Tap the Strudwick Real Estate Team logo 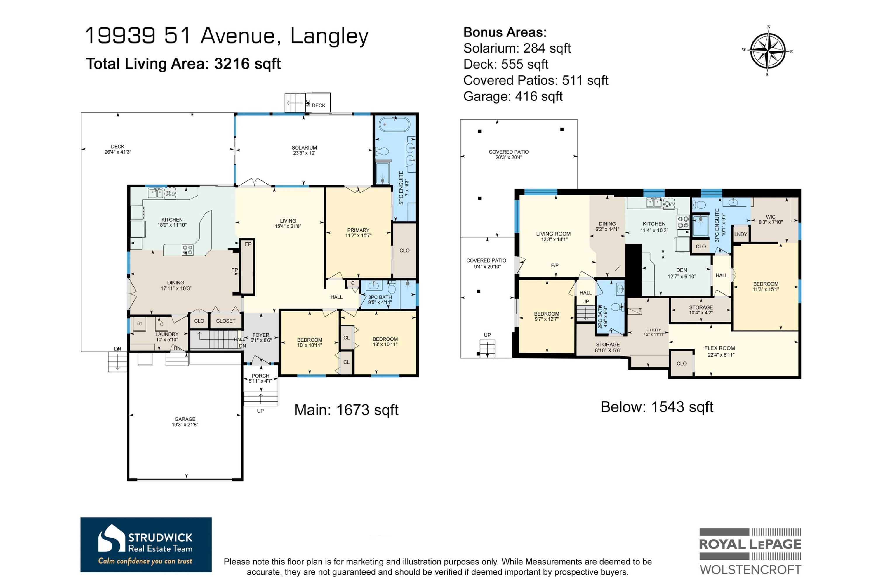click(146, 545)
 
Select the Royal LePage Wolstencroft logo click(750, 551)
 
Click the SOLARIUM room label click(304, 147)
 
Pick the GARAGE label click(185, 419)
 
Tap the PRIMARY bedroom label click(358, 230)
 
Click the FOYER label click(261, 335)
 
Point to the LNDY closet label click(741, 234)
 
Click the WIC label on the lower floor click(771, 217)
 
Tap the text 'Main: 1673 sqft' click(346, 410)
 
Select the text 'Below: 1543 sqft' click(657, 407)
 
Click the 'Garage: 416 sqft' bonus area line click(513, 96)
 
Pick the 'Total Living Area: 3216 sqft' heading click(183, 64)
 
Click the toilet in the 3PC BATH click(392, 288)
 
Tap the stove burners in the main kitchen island click(188, 250)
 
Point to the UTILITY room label click(654, 330)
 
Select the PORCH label click(260, 376)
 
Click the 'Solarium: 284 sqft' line click(517, 48)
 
